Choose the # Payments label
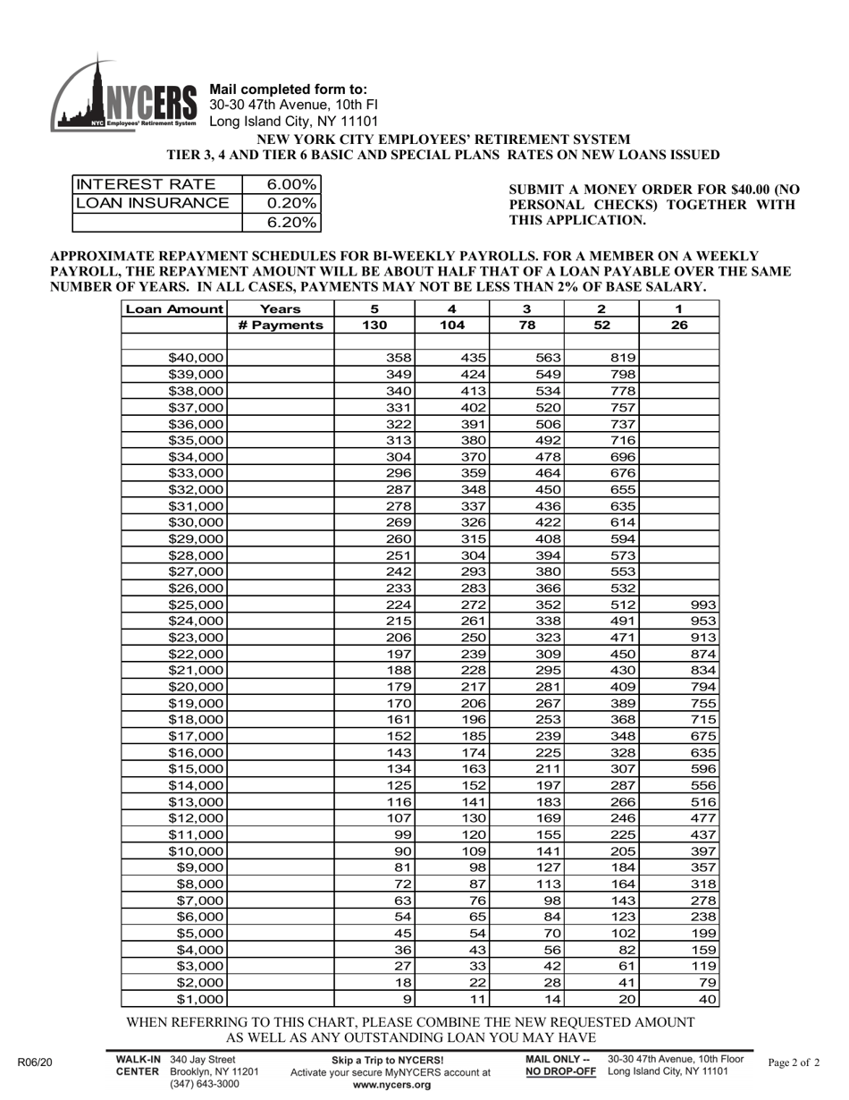coord(280,326)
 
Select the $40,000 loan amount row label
coord(196,358)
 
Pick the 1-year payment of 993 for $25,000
coord(703,605)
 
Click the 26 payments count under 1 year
coord(678,326)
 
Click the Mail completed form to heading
coord(287,89)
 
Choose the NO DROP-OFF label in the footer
coord(560,1071)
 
